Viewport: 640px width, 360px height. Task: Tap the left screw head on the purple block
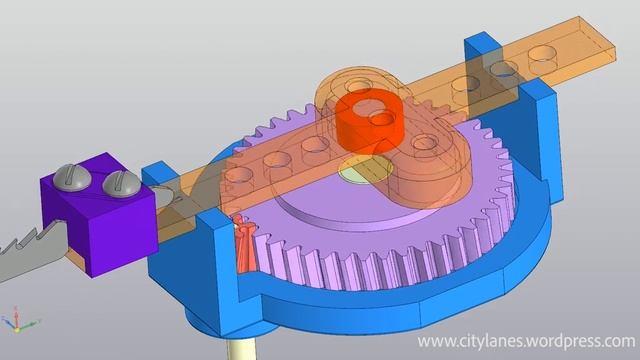pyautogui.click(x=73, y=176)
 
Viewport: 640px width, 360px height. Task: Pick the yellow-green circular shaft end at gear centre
pyautogui.click(x=365, y=168)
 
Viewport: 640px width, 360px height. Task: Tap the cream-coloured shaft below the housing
pyautogui.click(x=242, y=348)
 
